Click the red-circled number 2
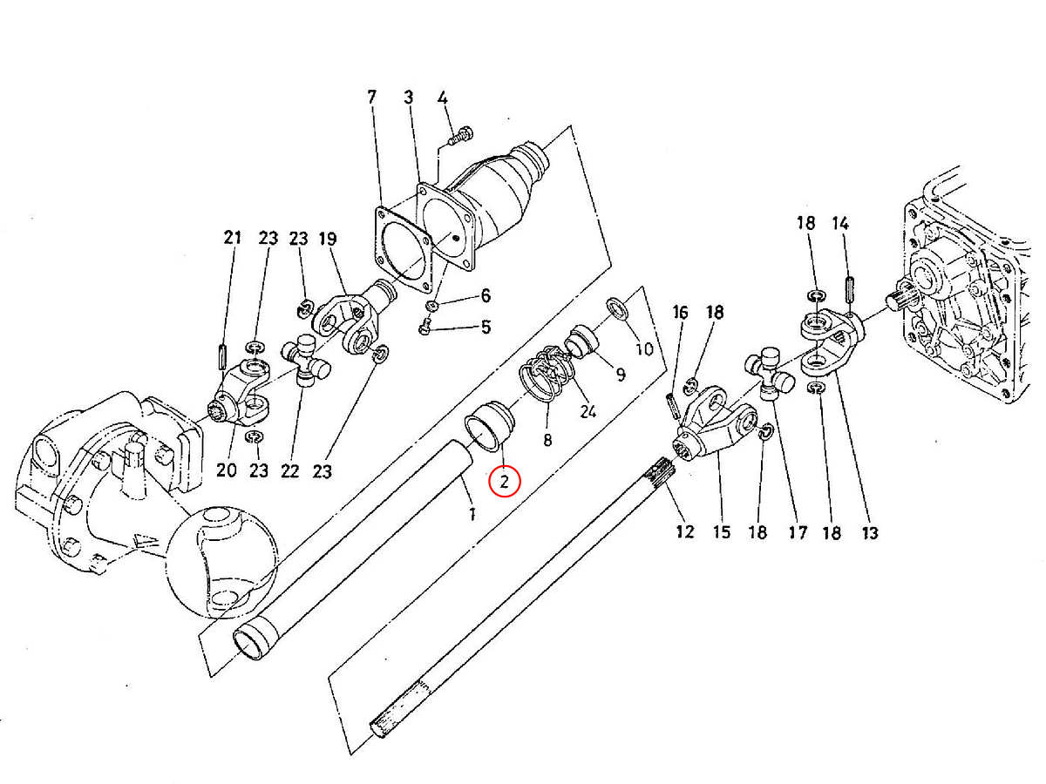(505, 481)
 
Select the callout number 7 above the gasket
(372, 98)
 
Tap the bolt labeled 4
(461, 135)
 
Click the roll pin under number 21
(223, 357)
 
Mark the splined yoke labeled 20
(236, 405)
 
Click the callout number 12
(685, 531)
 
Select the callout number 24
(588, 411)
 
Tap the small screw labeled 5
(425, 328)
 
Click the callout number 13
(870, 532)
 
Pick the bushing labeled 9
(580, 340)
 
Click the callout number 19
(327, 238)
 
